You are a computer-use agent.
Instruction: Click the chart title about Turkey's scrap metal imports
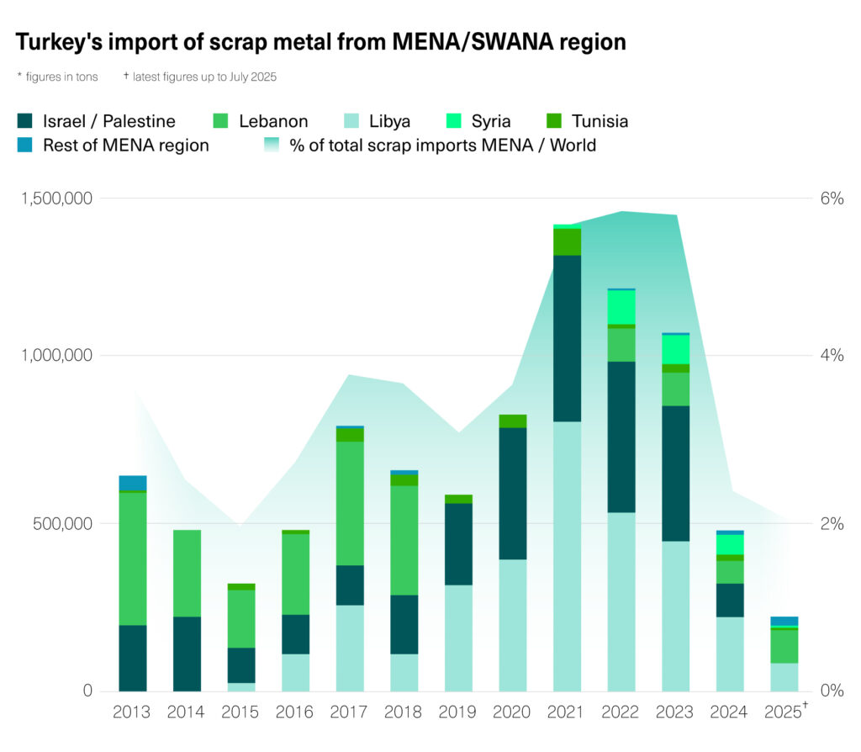(320, 42)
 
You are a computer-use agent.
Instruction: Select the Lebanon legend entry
(260, 121)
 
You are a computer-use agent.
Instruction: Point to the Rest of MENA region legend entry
(114, 146)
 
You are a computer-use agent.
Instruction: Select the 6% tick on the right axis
(831, 199)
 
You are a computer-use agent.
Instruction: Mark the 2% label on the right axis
(831, 523)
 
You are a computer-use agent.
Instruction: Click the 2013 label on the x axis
(132, 712)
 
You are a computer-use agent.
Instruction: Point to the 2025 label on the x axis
(784, 712)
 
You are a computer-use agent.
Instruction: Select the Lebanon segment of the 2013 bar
(133, 559)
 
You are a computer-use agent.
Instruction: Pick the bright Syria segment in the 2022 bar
(621, 307)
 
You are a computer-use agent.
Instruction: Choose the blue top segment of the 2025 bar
(784, 621)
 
